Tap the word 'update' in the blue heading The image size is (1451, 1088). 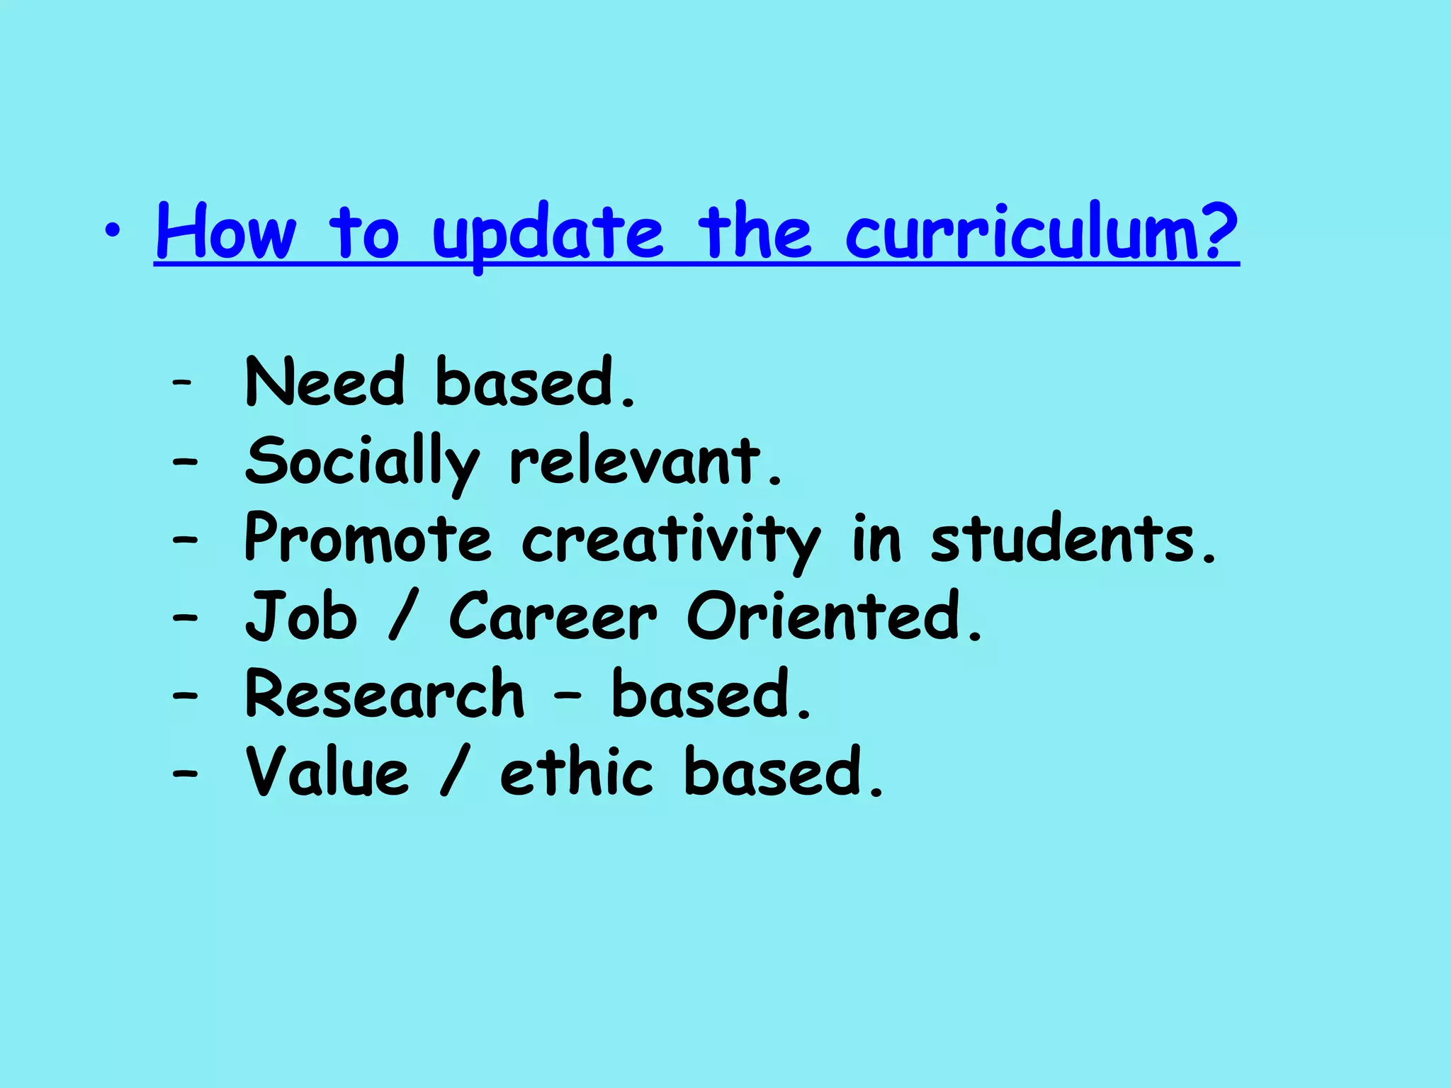548,234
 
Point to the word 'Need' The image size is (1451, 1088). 324,382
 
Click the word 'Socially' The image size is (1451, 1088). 362,462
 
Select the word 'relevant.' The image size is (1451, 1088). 645,462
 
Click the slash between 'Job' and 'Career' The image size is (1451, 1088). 401,618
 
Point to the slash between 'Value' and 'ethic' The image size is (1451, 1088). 453,773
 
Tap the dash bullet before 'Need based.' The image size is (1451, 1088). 183,383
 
